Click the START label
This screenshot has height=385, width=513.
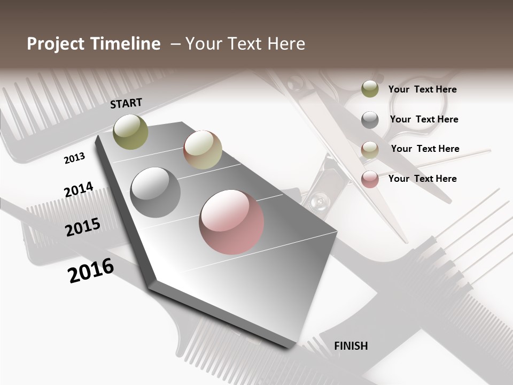pyautogui.click(x=126, y=103)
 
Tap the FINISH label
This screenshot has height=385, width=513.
pyautogui.click(x=351, y=346)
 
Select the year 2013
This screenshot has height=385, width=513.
pyautogui.click(x=74, y=158)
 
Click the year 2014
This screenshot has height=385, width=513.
pyautogui.click(x=79, y=189)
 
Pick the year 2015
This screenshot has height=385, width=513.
pyautogui.click(x=83, y=227)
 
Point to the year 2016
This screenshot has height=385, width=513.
pyautogui.click(x=91, y=270)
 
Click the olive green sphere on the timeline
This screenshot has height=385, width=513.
pyautogui.click(x=131, y=132)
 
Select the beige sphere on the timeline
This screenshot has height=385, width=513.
pyautogui.click(x=203, y=150)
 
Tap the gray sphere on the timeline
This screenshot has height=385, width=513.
pyautogui.click(x=155, y=192)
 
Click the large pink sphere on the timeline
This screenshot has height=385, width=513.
pyautogui.click(x=231, y=222)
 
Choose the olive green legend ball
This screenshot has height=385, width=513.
pyautogui.click(x=370, y=89)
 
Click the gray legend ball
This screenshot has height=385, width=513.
pyautogui.click(x=370, y=120)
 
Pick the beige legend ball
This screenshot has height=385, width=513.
pyautogui.click(x=370, y=150)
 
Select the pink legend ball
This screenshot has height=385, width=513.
pyautogui.click(x=370, y=179)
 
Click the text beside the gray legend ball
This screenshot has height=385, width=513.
pyautogui.click(x=424, y=119)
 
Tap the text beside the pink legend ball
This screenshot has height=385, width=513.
pyautogui.click(x=422, y=179)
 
